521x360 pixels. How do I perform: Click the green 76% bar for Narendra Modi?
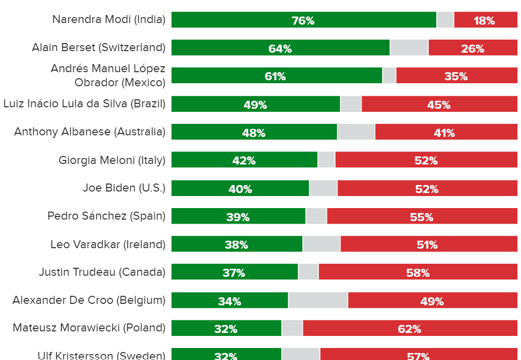pyautogui.click(x=303, y=20)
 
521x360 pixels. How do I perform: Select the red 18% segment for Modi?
pyautogui.click(x=485, y=20)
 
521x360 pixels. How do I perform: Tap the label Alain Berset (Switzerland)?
pyautogui.click(x=98, y=48)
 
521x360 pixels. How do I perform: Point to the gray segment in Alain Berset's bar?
pyautogui.click(x=409, y=48)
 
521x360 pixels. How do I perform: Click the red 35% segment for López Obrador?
pyautogui.click(x=456, y=76)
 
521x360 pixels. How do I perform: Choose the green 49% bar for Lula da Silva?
pyautogui.click(x=255, y=104)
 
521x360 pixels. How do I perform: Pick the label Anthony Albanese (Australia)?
pyautogui.click(x=90, y=132)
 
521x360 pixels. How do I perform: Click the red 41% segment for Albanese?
pyautogui.click(x=446, y=132)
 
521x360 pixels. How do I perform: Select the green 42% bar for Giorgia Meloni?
pyautogui.click(x=244, y=160)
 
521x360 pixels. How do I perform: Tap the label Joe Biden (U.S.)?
pyautogui.click(x=124, y=188)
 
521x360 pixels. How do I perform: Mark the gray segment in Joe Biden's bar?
pyautogui.click(x=323, y=188)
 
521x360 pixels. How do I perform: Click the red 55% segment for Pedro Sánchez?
pyautogui.click(x=422, y=216)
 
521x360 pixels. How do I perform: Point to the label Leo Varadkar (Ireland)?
pyautogui.click(x=108, y=244)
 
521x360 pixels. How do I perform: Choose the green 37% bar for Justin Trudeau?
pyautogui.click(x=234, y=272)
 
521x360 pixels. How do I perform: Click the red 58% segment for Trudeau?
pyautogui.click(x=418, y=272)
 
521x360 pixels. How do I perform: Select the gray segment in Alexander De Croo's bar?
pyautogui.click(x=318, y=300)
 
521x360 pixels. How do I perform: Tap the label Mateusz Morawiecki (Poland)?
pyautogui.click(x=89, y=328)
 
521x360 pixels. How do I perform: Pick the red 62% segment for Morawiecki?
pyautogui.click(x=410, y=328)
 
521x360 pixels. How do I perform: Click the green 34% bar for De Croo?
pyautogui.click(x=229, y=300)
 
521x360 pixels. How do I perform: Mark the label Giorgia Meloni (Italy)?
pyautogui.click(x=112, y=160)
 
